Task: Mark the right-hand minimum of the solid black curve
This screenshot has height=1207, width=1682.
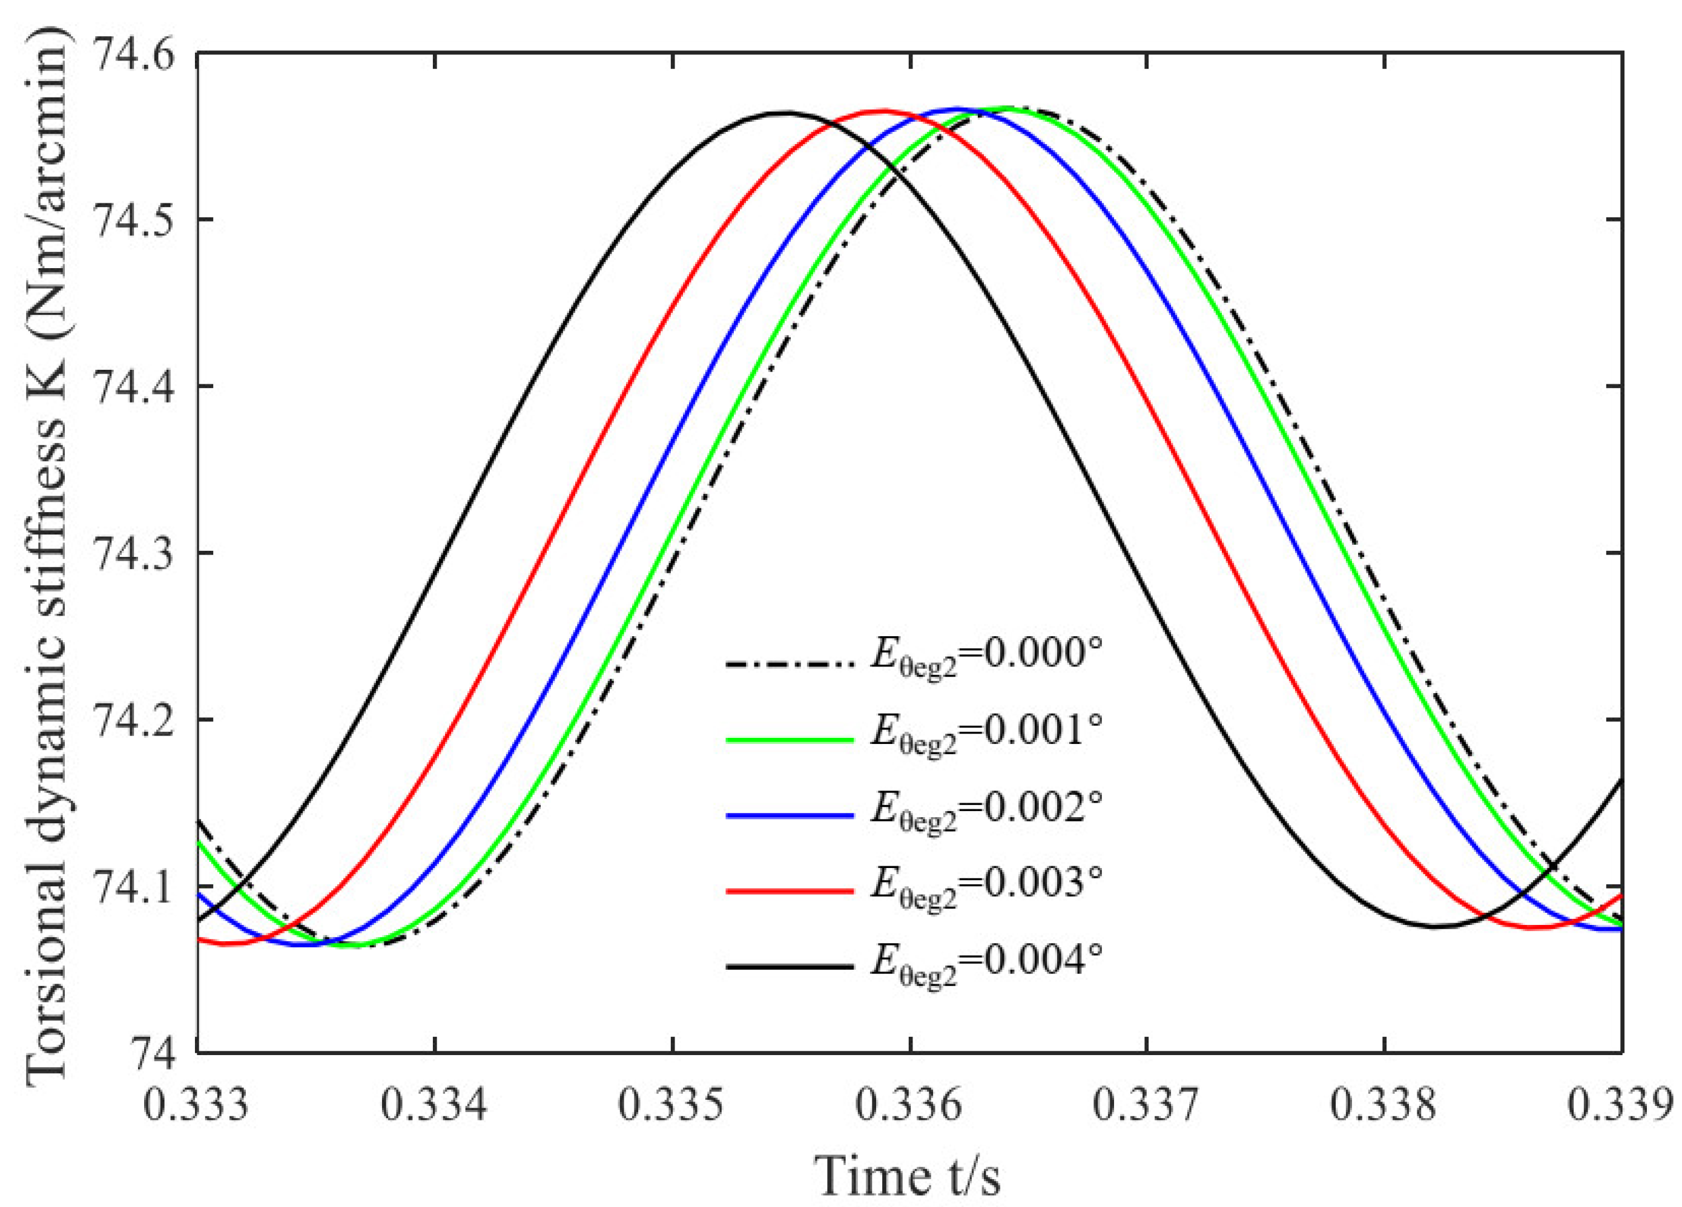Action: point(1436,926)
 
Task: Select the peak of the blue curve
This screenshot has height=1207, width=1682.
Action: point(957,109)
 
